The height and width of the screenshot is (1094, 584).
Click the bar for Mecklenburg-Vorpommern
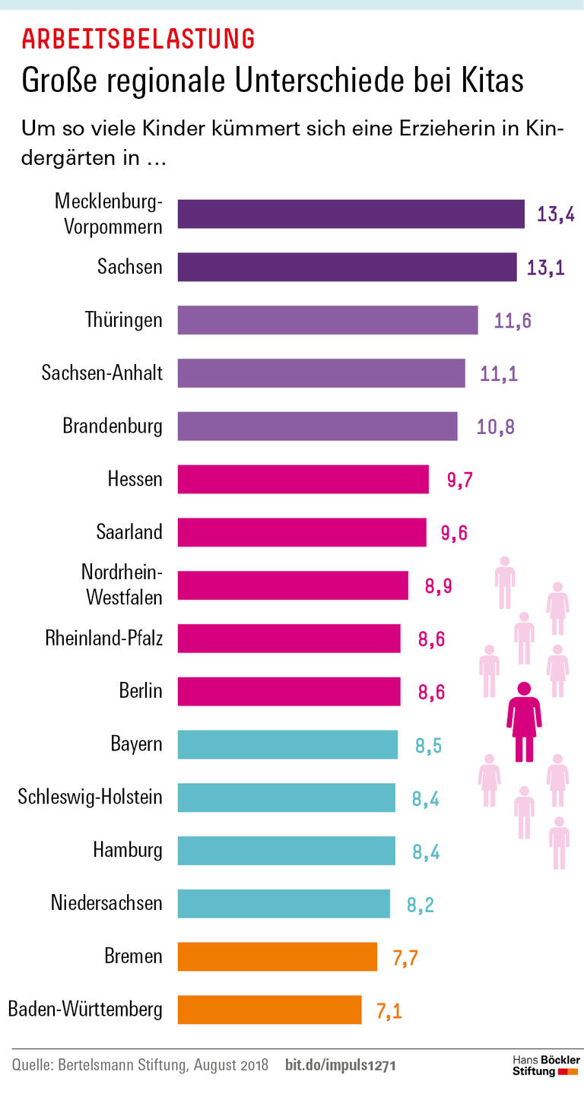click(x=351, y=214)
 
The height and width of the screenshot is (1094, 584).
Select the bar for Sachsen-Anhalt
click(x=321, y=373)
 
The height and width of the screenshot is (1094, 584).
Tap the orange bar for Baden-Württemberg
click(x=269, y=1010)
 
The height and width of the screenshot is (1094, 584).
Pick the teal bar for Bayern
click(x=287, y=744)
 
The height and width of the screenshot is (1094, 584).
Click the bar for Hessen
click(x=303, y=480)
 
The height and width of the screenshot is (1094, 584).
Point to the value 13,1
click(x=545, y=268)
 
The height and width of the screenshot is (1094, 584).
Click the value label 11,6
click(x=513, y=321)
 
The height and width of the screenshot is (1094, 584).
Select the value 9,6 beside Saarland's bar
click(x=454, y=533)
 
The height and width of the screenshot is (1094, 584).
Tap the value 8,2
click(x=420, y=904)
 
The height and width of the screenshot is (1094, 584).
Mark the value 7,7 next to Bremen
click(x=405, y=957)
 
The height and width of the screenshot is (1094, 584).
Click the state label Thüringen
click(x=123, y=320)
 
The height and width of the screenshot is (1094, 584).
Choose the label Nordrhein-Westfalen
click(x=122, y=585)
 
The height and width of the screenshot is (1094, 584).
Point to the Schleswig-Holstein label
click(x=90, y=797)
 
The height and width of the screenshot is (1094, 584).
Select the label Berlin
click(x=141, y=691)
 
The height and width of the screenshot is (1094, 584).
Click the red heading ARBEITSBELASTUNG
click(x=138, y=38)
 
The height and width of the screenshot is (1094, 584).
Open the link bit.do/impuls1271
click(x=340, y=1066)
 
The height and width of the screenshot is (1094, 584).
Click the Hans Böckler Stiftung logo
click(x=545, y=1065)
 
